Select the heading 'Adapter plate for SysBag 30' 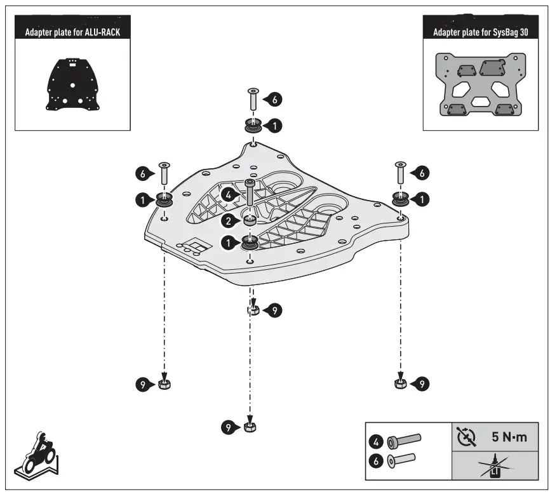tap(480, 32)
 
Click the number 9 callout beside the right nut tap(420, 383)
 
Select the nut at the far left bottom tap(164, 384)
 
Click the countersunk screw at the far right tap(400, 172)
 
